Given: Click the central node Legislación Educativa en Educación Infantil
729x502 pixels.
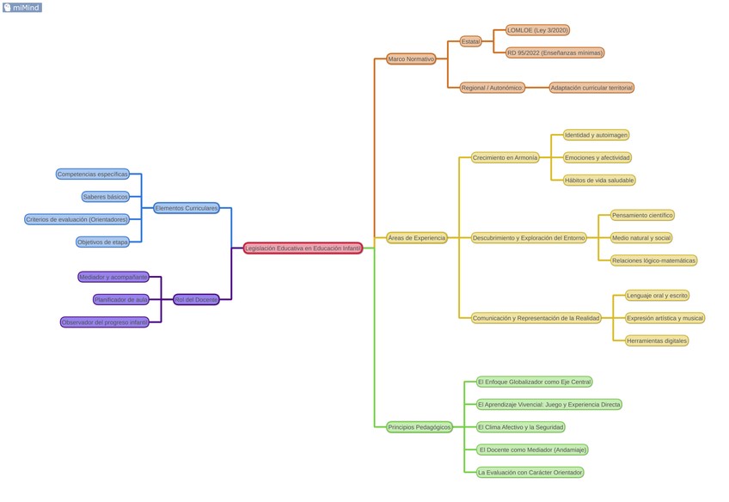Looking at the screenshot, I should click(303, 248).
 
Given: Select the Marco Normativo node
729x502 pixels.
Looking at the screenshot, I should click(411, 59).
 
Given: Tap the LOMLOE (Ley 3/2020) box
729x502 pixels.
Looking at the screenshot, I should click(537, 30).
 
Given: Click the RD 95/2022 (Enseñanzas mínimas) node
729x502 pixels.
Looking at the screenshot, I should click(554, 53).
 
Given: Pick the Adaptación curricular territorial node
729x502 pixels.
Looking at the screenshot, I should click(591, 88).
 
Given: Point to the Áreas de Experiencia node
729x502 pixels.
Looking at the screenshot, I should click(417, 238).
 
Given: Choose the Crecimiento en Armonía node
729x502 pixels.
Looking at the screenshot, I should click(505, 158).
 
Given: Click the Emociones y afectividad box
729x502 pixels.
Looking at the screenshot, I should click(597, 158).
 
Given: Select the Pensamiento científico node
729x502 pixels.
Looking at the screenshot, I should click(642, 215).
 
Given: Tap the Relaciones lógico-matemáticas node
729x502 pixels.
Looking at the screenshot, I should click(653, 260).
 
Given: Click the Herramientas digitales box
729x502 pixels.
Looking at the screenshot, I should click(657, 341).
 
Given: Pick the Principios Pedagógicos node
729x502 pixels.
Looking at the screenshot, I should click(419, 427).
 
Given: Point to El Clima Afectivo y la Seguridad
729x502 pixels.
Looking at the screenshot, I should click(521, 427).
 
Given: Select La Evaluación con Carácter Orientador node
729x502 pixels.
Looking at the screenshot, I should click(530, 473).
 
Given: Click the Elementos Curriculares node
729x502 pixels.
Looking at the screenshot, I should click(187, 208).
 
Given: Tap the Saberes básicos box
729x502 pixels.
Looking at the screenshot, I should click(106, 197).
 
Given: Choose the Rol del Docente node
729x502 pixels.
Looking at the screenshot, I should click(196, 300).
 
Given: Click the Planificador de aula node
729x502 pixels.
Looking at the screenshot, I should click(121, 300).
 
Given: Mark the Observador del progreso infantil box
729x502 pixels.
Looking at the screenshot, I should click(105, 322).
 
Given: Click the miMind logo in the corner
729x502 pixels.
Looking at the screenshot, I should click(21, 8).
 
